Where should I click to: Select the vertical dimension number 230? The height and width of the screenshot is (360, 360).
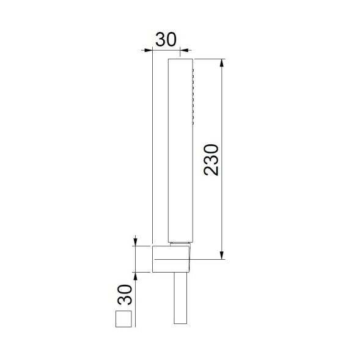[211, 159]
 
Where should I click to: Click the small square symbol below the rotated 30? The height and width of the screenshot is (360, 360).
[125, 320]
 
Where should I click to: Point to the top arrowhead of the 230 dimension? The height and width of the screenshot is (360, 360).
[222, 62]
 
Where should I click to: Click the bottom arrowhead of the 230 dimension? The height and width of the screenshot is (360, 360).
[222, 255]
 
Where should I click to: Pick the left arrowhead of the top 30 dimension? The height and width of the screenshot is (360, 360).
[147, 50]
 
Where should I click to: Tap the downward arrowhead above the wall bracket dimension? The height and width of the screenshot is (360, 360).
[136, 242]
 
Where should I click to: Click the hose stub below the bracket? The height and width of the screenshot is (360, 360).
[182, 299]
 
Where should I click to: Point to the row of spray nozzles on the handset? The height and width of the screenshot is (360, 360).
[193, 98]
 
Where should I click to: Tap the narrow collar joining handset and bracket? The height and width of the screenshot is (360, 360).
[181, 243]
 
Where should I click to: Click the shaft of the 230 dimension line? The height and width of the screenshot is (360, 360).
[222, 122]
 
